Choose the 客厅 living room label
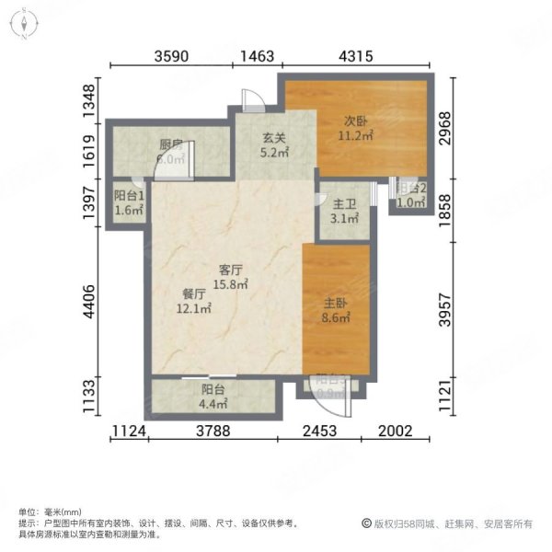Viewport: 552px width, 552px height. (x=230, y=270)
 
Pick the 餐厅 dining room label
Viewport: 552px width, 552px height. (x=194, y=294)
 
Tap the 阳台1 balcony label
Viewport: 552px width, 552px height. (x=128, y=195)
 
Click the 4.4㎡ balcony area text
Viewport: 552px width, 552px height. (x=213, y=403)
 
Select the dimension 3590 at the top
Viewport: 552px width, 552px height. (x=172, y=56)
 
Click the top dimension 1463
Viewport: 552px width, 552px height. (x=259, y=56)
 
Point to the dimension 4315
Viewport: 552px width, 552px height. (x=356, y=56)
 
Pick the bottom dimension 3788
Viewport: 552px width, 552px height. (x=213, y=431)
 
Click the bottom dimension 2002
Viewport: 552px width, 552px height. (x=397, y=431)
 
